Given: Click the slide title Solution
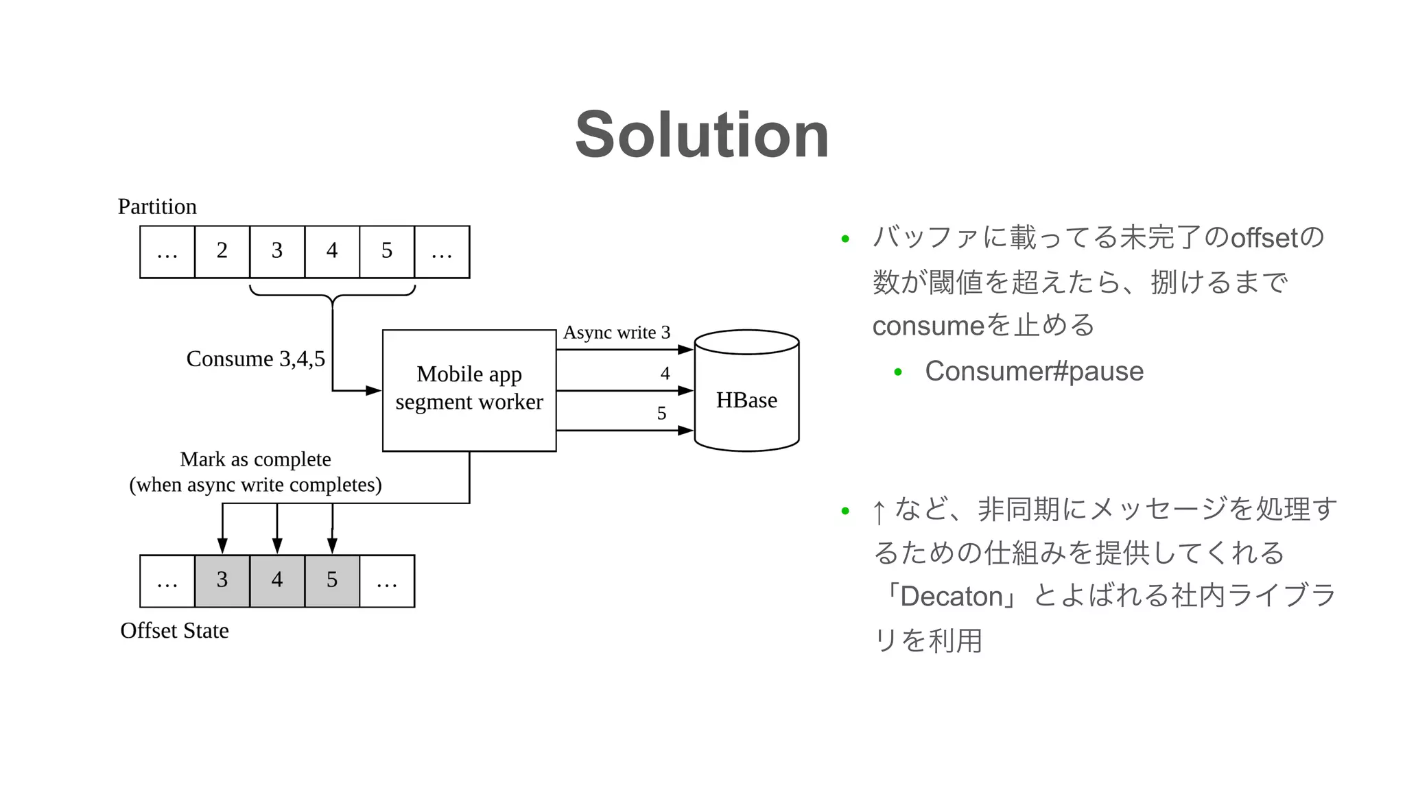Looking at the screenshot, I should pos(702,135).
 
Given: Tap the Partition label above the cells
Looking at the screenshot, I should pos(157,206).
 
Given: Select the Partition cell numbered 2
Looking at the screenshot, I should pos(222,252).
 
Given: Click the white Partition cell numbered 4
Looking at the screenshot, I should pos(332,252).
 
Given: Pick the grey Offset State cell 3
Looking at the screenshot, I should pos(222,581).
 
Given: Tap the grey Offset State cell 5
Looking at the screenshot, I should pos(332,581).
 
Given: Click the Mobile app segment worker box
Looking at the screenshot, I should pos(469,390).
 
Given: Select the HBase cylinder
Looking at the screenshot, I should pos(746,400).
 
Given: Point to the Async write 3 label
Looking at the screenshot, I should pos(616,333).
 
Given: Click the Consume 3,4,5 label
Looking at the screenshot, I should pos(255,359).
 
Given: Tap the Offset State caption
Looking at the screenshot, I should pos(174,630).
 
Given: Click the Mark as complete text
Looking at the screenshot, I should pos(255,459).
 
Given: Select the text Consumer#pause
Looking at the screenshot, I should pos(1034,371).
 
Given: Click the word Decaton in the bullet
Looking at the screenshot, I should pos(951,596).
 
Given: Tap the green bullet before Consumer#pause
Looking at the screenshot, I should pos(897,372).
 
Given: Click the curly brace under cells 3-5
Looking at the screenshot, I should pos(333,296).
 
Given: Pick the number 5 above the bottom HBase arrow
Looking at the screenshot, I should pos(661,414).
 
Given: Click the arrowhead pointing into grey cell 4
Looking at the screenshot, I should pos(277,546).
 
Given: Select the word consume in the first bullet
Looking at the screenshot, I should pos(928,326).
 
